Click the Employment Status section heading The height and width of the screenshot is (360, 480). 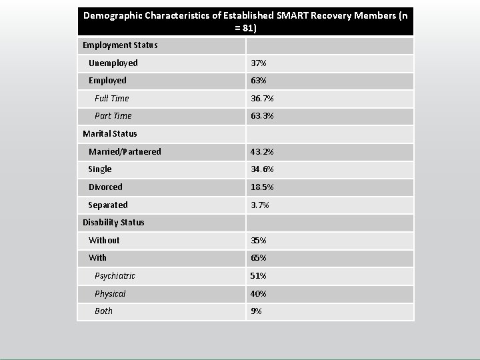pyautogui.click(x=120, y=45)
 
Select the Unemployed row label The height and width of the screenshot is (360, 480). pyautogui.click(x=113, y=63)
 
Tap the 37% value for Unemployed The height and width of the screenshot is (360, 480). pyautogui.click(x=259, y=63)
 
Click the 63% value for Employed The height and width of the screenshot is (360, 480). pyautogui.click(x=259, y=81)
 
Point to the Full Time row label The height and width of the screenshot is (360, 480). pyautogui.click(x=112, y=99)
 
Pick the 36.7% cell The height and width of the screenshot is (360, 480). pyautogui.click(x=262, y=99)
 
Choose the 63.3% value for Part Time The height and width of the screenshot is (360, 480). pyautogui.click(x=262, y=116)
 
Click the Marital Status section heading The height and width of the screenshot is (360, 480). pyautogui.click(x=110, y=134)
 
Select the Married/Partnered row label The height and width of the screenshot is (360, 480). pyautogui.click(x=125, y=152)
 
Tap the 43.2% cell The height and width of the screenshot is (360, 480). pyautogui.click(x=262, y=152)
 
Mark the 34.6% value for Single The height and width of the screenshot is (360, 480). pyautogui.click(x=262, y=169)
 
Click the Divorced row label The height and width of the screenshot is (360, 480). pyautogui.click(x=105, y=187)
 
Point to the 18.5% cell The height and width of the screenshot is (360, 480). pyautogui.click(x=262, y=187)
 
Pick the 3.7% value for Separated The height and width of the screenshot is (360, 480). pyautogui.click(x=260, y=205)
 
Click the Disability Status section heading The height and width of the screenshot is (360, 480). pyautogui.click(x=113, y=223)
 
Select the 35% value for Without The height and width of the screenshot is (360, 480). pyautogui.click(x=259, y=241)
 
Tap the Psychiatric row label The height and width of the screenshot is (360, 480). pyautogui.click(x=115, y=276)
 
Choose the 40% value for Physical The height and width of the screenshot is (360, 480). pyautogui.click(x=259, y=294)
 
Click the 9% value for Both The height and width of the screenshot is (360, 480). pyautogui.click(x=256, y=311)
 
